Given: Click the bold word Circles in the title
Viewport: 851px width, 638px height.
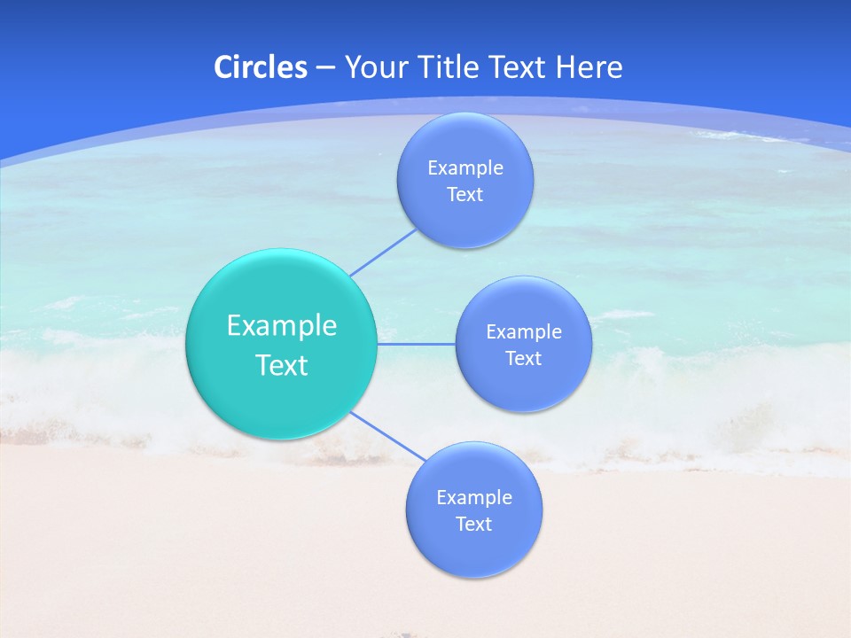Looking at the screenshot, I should (x=260, y=67).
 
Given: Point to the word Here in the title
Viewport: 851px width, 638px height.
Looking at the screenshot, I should (x=589, y=67).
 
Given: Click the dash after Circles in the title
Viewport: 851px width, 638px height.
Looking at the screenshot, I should (x=325, y=68).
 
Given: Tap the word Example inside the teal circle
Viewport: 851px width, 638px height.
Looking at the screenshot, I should (x=282, y=326).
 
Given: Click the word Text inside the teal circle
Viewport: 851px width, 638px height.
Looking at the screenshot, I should (x=282, y=365).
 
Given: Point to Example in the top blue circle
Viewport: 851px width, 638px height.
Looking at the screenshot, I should (x=465, y=168).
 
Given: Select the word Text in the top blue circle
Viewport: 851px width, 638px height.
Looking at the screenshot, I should (x=465, y=195).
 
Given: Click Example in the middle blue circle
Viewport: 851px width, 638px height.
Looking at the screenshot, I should (x=523, y=332).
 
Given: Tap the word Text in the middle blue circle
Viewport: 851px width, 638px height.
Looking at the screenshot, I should (x=523, y=359).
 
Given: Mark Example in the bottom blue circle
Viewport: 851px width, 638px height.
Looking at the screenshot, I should (x=473, y=498).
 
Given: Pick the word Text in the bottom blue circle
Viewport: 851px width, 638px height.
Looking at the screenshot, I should (x=473, y=525).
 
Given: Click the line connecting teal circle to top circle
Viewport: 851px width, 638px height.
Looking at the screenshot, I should (x=383, y=253).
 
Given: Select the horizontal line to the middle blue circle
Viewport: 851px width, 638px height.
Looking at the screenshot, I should (x=417, y=344).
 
